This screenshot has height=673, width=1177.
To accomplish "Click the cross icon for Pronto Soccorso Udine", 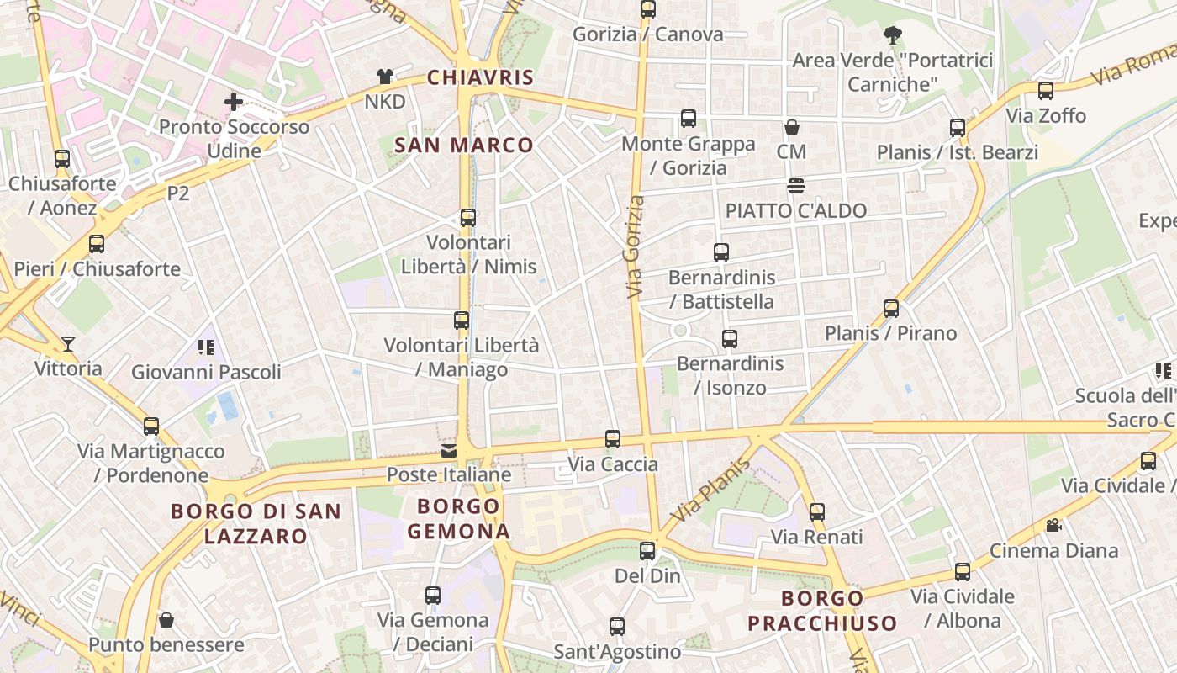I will point(233,103).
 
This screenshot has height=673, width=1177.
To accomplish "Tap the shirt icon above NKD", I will point(385,77).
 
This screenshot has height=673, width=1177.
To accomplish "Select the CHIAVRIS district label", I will point(480,78).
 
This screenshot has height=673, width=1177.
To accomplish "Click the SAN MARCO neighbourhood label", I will point(464,145).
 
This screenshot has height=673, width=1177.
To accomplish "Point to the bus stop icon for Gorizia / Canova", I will point(647,9).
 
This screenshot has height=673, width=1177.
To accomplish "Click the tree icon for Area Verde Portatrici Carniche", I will point(892,35).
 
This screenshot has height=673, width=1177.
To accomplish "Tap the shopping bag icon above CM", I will point(791,128).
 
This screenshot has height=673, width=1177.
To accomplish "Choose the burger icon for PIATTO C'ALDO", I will point(795,186).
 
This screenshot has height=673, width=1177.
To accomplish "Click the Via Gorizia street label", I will point(636,246).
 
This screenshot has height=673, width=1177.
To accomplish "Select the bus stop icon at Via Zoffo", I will point(1045,91).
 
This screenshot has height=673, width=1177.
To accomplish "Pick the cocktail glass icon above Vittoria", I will point(68,344).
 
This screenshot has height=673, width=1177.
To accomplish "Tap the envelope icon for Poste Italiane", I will point(449,451).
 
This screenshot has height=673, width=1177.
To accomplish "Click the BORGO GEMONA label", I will point(458,518).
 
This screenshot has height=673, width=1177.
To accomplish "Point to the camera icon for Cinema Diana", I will point(1053,526).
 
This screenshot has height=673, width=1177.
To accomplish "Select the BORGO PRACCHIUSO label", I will point(822,611).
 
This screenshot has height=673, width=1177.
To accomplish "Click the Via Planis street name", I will point(710,490).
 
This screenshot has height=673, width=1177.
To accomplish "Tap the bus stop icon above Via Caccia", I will point(613,439).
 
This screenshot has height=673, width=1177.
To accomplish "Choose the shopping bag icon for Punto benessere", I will point(166,621).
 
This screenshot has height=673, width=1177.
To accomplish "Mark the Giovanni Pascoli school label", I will point(206,372).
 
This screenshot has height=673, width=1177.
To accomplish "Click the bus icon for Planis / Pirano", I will point(891,309).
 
